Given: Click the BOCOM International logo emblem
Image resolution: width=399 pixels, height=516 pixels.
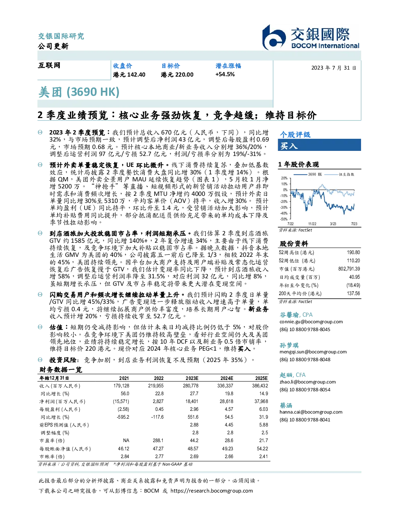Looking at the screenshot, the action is click(274, 37).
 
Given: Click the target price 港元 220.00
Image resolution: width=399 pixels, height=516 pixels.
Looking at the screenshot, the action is click(177, 75).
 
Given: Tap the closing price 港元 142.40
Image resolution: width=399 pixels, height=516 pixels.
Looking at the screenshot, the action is click(129, 75).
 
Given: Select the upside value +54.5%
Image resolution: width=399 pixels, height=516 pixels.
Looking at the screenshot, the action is click(225, 75).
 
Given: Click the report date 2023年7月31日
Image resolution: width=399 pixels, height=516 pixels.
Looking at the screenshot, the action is click(334, 68).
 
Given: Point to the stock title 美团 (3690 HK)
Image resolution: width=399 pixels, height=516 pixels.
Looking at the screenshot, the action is click(79, 92).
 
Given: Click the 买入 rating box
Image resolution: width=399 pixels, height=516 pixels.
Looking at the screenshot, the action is click(319, 145).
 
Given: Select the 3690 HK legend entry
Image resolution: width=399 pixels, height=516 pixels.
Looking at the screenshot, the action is click(308, 174).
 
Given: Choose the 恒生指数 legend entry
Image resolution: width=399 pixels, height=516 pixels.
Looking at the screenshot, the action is click(340, 174).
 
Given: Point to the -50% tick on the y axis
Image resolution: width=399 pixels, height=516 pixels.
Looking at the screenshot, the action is click(284, 219).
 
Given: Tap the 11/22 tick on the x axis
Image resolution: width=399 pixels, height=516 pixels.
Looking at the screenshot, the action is click(312, 224).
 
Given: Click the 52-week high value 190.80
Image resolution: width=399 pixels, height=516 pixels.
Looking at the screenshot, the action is click(353, 253).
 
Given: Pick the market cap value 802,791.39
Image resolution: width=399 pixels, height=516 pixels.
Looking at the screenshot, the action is click(349, 269).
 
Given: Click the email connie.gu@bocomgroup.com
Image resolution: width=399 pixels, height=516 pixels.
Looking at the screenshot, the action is click(311, 322).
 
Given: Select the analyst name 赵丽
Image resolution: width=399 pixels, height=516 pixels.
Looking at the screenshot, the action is click(286, 375).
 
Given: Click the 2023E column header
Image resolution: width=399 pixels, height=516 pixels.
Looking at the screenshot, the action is click(192, 378).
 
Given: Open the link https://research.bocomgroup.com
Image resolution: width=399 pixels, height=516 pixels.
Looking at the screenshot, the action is click(212, 491).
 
